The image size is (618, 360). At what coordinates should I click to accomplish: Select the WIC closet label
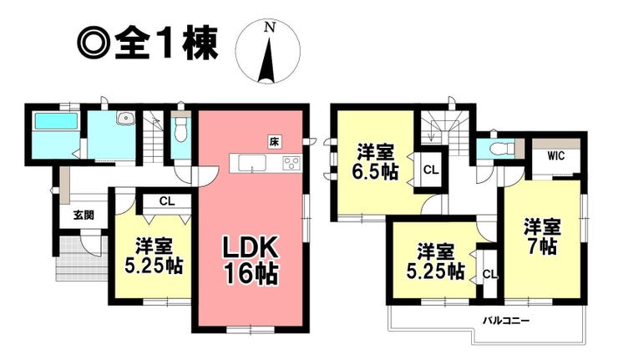coord(557,156)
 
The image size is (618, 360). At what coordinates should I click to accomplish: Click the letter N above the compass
coord(269,27)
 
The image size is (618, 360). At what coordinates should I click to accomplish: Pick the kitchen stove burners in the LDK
coord(292,162)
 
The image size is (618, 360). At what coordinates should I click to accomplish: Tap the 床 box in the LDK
coord(273,141)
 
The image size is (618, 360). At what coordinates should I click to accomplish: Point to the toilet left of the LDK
coord(180,131)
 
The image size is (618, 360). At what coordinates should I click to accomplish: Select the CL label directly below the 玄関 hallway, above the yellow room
coord(166,200)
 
